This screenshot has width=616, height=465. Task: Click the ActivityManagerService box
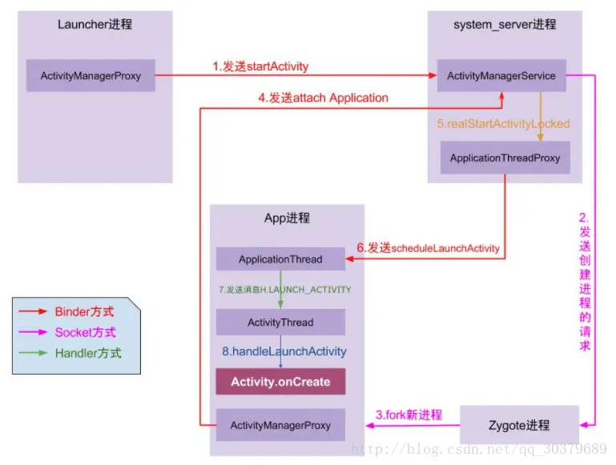(x=501, y=76)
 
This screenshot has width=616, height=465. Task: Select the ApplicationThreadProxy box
(x=505, y=158)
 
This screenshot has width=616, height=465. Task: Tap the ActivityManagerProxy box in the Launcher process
(x=91, y=76)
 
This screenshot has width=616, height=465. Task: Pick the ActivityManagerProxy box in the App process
(x=280, y=425)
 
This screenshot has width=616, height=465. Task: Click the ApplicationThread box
(x=280, y=259)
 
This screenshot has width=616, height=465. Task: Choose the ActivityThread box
(x=280, y=323)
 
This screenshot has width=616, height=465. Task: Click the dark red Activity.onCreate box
(x=280, y=382)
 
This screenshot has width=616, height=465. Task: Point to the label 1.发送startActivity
(x=260, y=66)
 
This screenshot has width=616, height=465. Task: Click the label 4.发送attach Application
(x=323, y=98)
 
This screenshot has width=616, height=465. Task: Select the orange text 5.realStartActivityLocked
(x=503, y=124)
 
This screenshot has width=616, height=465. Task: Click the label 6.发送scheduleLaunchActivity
(x=429, y=248)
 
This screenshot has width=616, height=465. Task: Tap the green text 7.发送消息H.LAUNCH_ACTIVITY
(x=285, y=289)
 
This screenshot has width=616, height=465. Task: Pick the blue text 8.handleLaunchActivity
(x=284, y=351)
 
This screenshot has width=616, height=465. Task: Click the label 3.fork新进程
(x=409, y=415)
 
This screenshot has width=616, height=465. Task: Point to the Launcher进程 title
(x=95, y=24)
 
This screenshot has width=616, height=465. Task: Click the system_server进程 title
(x=505, y=24)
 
